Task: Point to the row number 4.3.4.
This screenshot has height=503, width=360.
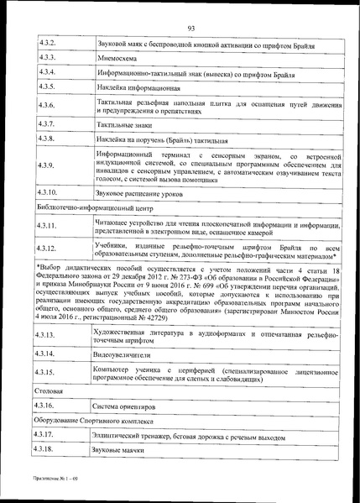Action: click(49, 72)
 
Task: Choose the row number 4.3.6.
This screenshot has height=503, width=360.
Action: click(49, 105)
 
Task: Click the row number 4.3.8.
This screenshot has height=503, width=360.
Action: click(49, 138)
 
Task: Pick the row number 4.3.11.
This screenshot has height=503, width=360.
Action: click(50, 227)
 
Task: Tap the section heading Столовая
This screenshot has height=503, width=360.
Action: click(50, 392)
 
